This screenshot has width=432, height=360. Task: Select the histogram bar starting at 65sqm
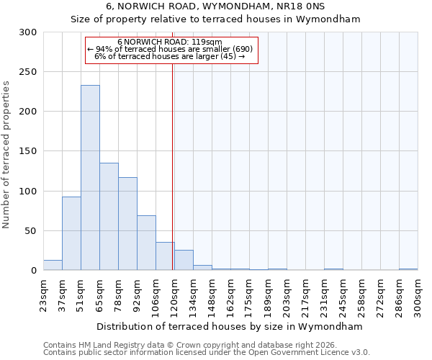coord(109,217)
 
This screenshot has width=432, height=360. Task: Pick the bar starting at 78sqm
coord(127,224)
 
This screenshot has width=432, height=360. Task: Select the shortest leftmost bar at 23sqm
coord(53,265)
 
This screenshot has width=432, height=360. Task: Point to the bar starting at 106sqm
coord(165,256)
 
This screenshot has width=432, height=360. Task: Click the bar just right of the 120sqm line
coord(184,260)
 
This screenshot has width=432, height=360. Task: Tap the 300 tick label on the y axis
coord(28,32)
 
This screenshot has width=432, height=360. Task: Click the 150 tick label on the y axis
coord(28,151)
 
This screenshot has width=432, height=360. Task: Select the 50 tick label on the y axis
coord(31,231)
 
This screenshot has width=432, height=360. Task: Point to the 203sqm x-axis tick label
coord(287,295)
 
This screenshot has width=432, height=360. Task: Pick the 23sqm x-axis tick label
coord(44,295)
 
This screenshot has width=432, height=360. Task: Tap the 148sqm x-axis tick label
coord(212,295)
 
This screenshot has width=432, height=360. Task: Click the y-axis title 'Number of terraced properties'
coord(6,154)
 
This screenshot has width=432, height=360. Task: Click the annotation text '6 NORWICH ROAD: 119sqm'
coord(170,42)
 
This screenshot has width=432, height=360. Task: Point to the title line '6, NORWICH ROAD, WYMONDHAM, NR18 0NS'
coord(215,6)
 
